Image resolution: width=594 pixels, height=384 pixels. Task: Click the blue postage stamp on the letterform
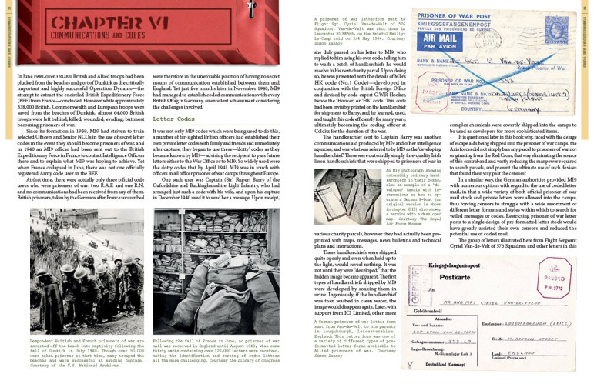point(538,32)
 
